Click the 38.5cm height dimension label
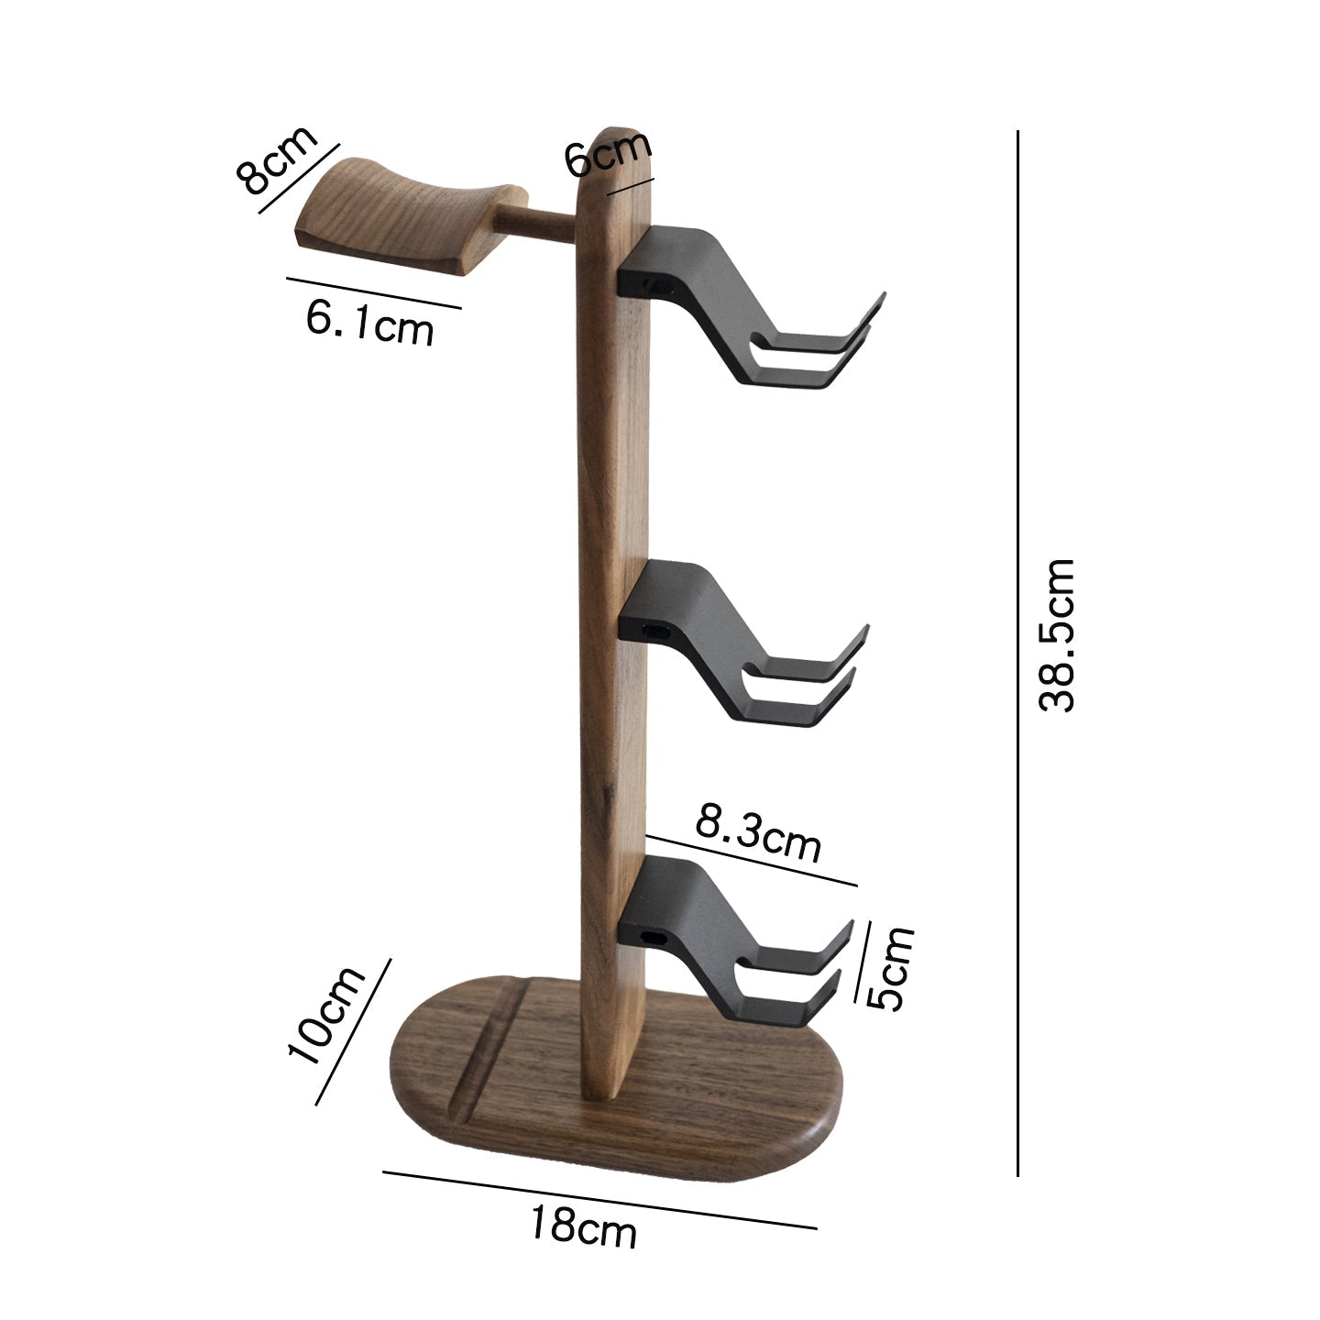1056,634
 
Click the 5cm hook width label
892,967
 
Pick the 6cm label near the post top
607,152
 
